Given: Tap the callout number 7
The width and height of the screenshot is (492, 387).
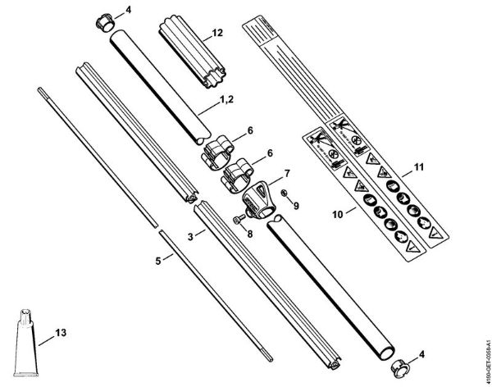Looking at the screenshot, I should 287,173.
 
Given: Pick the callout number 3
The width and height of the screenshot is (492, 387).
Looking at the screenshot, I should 189,235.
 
